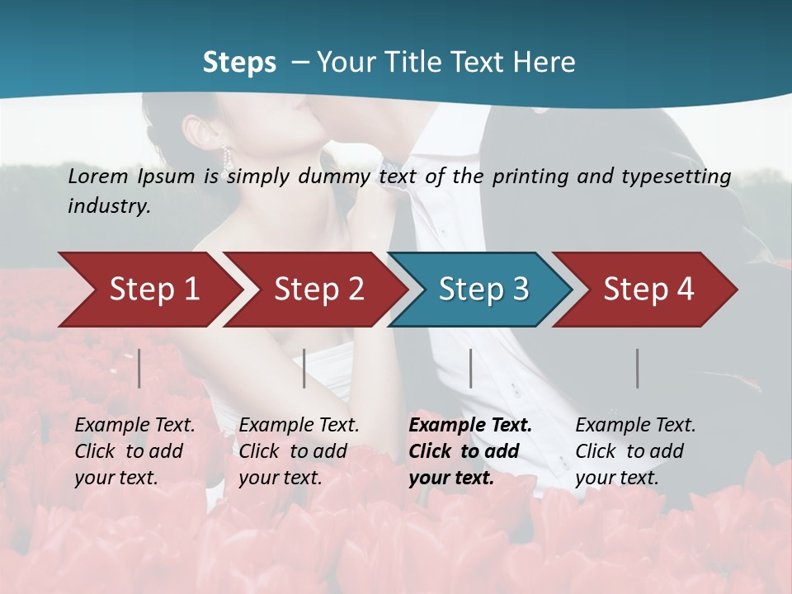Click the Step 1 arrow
tap(148, 290)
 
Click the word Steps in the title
tap(239, 63)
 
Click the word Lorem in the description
tap(97, 177)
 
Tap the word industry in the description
tap(108, 206)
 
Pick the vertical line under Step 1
tap(139, 368)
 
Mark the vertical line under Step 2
tap(304, 368)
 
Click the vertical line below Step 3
tap(470, 368)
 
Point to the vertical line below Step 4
tap(637, 368)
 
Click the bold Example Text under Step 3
tap(470, 426)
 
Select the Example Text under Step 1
tap(134, 426)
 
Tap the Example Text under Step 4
tap(635, 426)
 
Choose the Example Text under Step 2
tap(299, 426)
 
